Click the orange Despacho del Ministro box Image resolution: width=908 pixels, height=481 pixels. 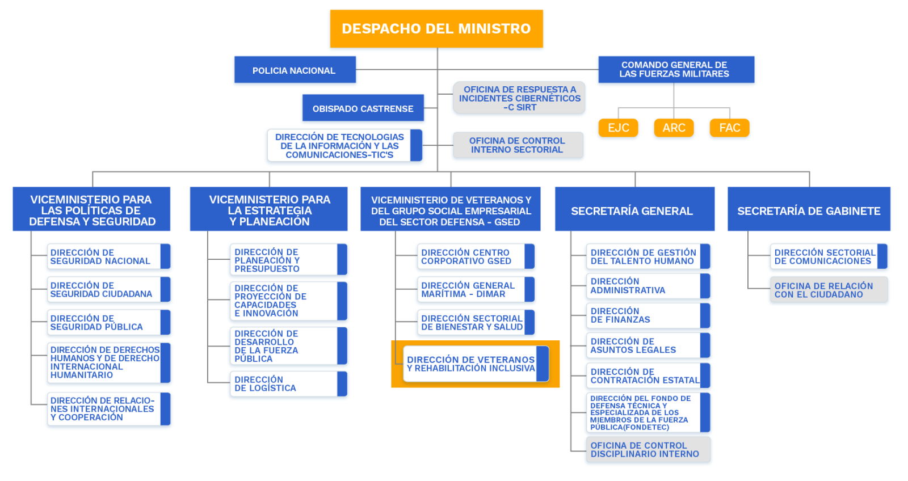436,28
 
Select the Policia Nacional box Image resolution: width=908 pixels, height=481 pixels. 295,70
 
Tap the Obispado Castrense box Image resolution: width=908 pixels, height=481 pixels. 363,108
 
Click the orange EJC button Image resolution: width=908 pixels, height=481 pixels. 618,128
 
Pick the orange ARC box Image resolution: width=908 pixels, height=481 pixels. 674,128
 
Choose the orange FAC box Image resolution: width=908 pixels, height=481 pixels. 729,128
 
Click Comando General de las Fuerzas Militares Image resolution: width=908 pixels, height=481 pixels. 675,69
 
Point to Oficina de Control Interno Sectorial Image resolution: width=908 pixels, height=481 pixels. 517,145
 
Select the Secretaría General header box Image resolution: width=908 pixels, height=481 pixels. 634,210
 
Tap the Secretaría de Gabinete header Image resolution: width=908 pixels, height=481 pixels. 808,210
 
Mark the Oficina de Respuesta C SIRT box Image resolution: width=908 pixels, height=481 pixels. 519,98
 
